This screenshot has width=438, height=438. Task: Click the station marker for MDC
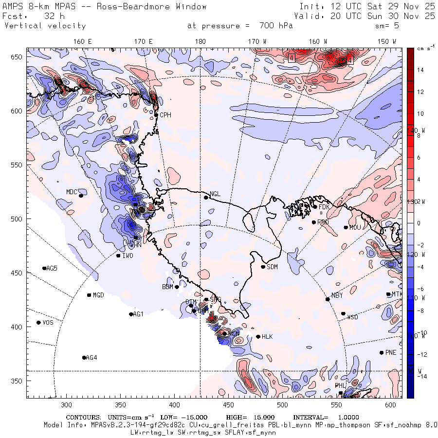tap(81, 196)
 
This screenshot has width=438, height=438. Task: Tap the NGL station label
tap(215, 194)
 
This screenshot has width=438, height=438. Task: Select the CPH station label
tap(166, 115)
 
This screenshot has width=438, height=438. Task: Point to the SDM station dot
tap(263, 267)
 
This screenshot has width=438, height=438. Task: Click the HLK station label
tap(267, 337)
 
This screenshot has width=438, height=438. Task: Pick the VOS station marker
tap(38, 323)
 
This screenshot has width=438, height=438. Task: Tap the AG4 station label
tap(91, 358)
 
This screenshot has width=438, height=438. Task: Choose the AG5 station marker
tap(44, 268)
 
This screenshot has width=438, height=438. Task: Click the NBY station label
tap(337, 295)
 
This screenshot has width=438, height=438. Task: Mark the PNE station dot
tap(382, 353)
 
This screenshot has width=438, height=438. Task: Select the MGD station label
tap(98, 295)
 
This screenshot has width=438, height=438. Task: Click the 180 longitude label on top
tap(200, 41)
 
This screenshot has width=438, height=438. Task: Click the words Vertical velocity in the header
tap(45, 26)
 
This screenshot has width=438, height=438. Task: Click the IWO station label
tap(128, 255)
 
